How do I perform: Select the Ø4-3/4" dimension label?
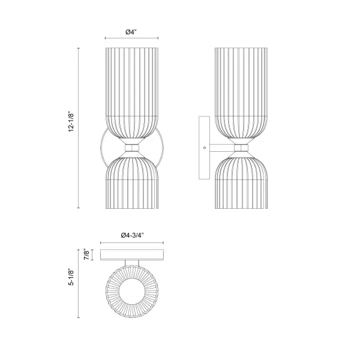[x=131, y=235]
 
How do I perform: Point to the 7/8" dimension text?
[x=88, y=256]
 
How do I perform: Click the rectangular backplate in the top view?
[x=131, y=255]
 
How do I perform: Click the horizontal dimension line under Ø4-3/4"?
[x=131, y=241]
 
